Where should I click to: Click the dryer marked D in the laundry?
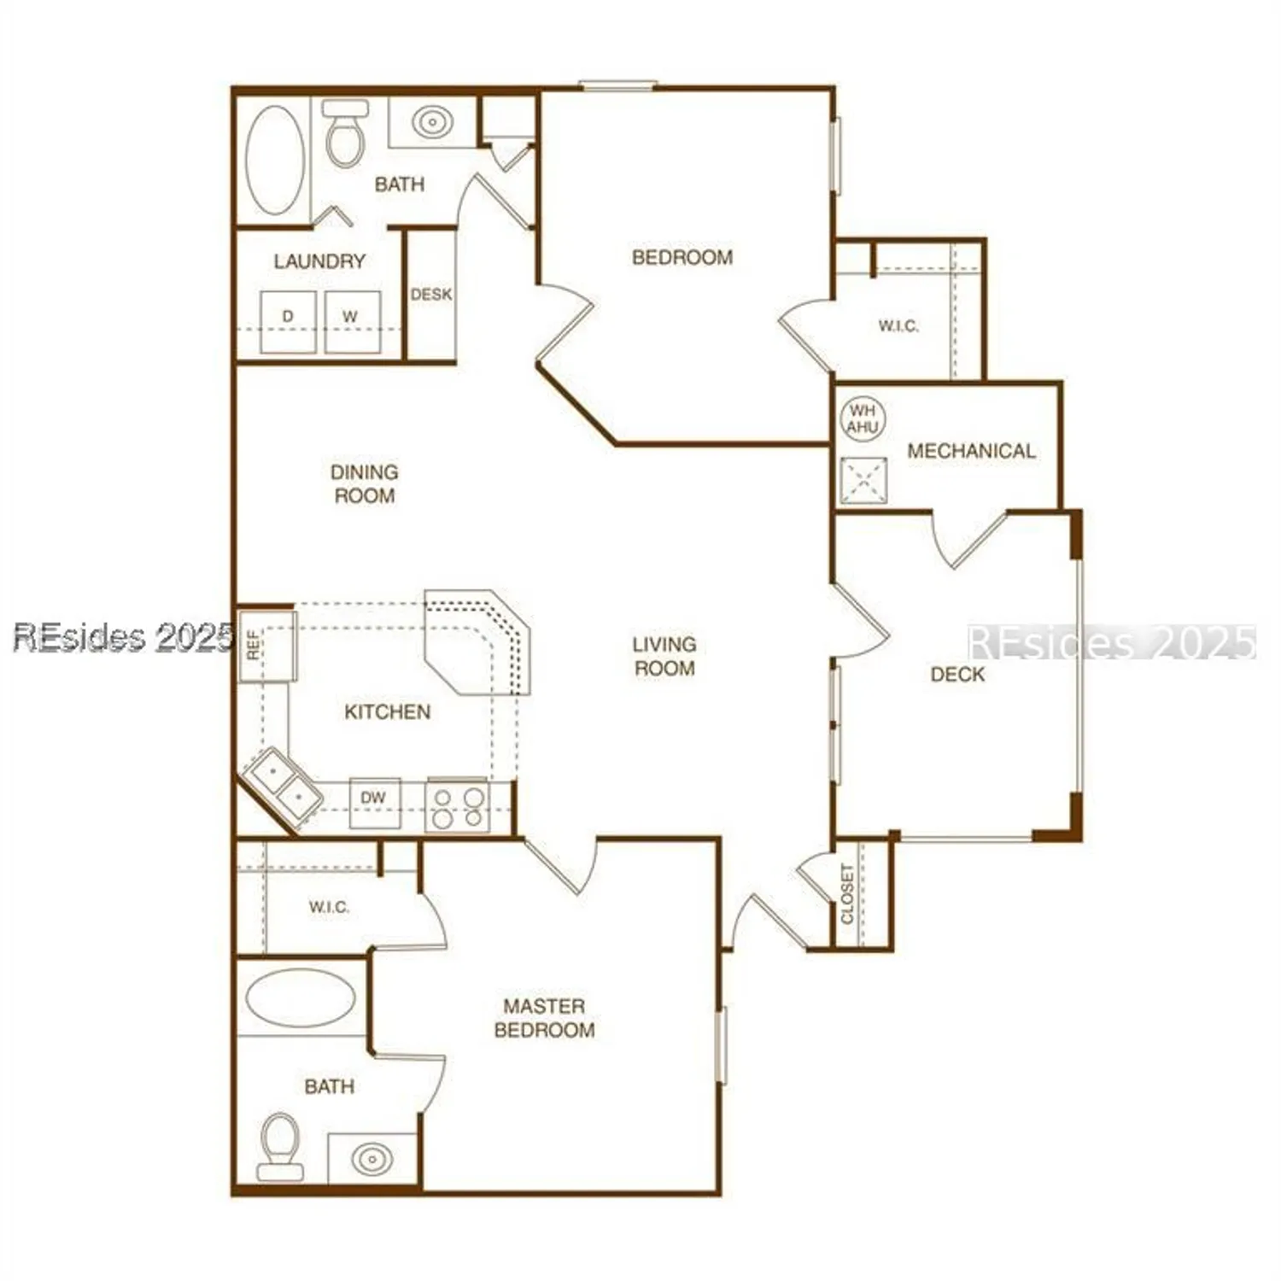288,322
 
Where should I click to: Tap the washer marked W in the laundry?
352,322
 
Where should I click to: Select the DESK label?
431,295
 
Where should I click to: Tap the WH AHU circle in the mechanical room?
863,418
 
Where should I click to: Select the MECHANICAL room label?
971,451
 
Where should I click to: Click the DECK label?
957,675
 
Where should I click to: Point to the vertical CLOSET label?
847,894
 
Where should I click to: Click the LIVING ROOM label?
664,656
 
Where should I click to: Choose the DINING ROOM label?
365,483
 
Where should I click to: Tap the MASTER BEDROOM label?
544,1018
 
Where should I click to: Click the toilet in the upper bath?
345,137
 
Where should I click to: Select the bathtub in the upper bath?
274,160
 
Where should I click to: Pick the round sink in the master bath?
372,1159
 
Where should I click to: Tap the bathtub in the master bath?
300,997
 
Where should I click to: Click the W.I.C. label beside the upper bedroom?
898,326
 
